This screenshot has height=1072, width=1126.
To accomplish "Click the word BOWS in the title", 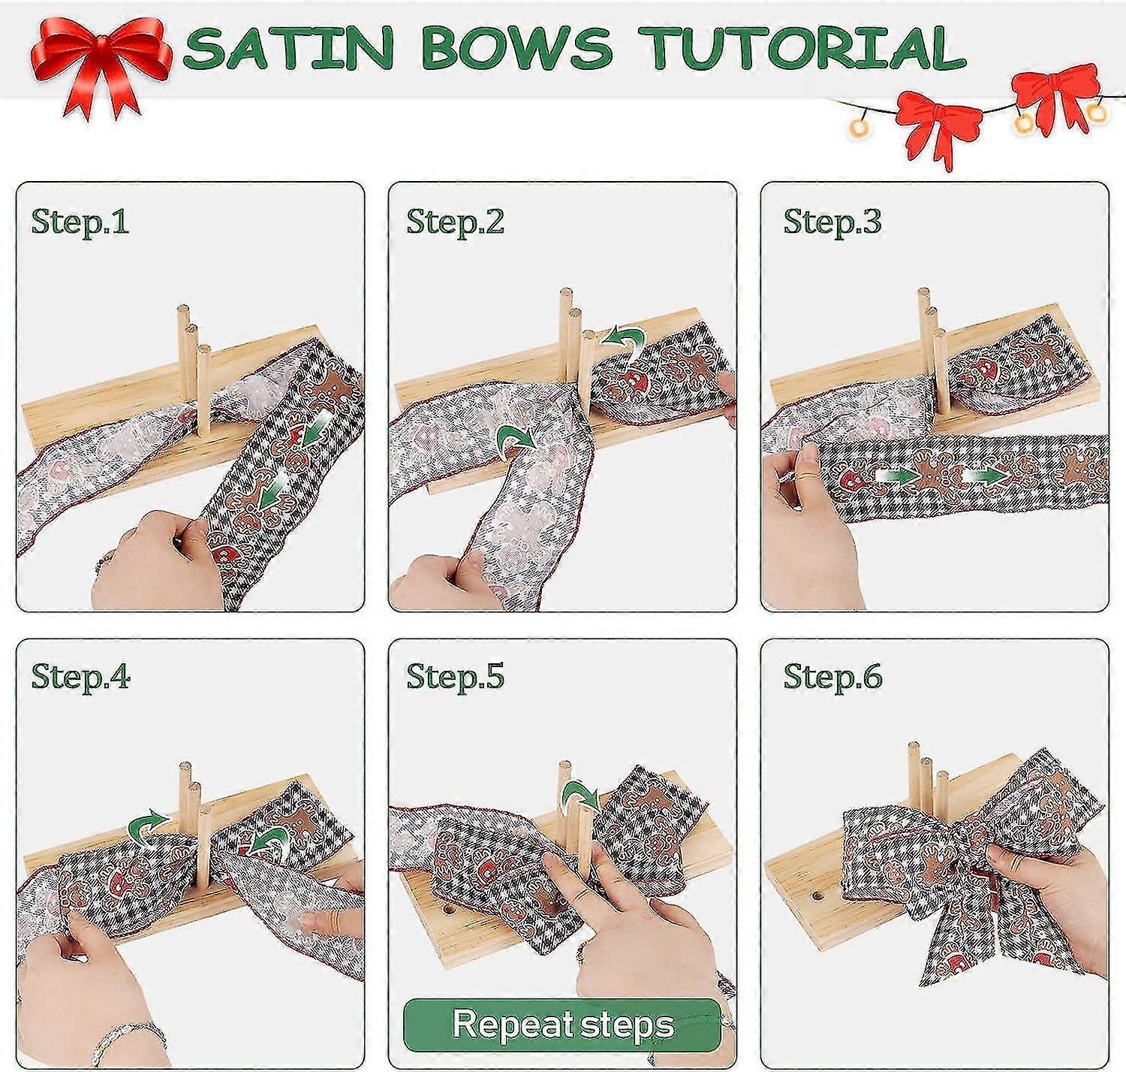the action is coord(516,48).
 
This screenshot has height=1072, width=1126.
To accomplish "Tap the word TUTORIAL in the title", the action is coord(802,48).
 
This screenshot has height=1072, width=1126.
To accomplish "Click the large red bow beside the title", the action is coord(101,63).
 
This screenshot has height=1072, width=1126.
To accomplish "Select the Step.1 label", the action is coord(80,222).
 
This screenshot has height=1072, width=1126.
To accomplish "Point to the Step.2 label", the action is coord(456,222).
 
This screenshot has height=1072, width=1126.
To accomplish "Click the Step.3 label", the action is coord(832,222).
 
